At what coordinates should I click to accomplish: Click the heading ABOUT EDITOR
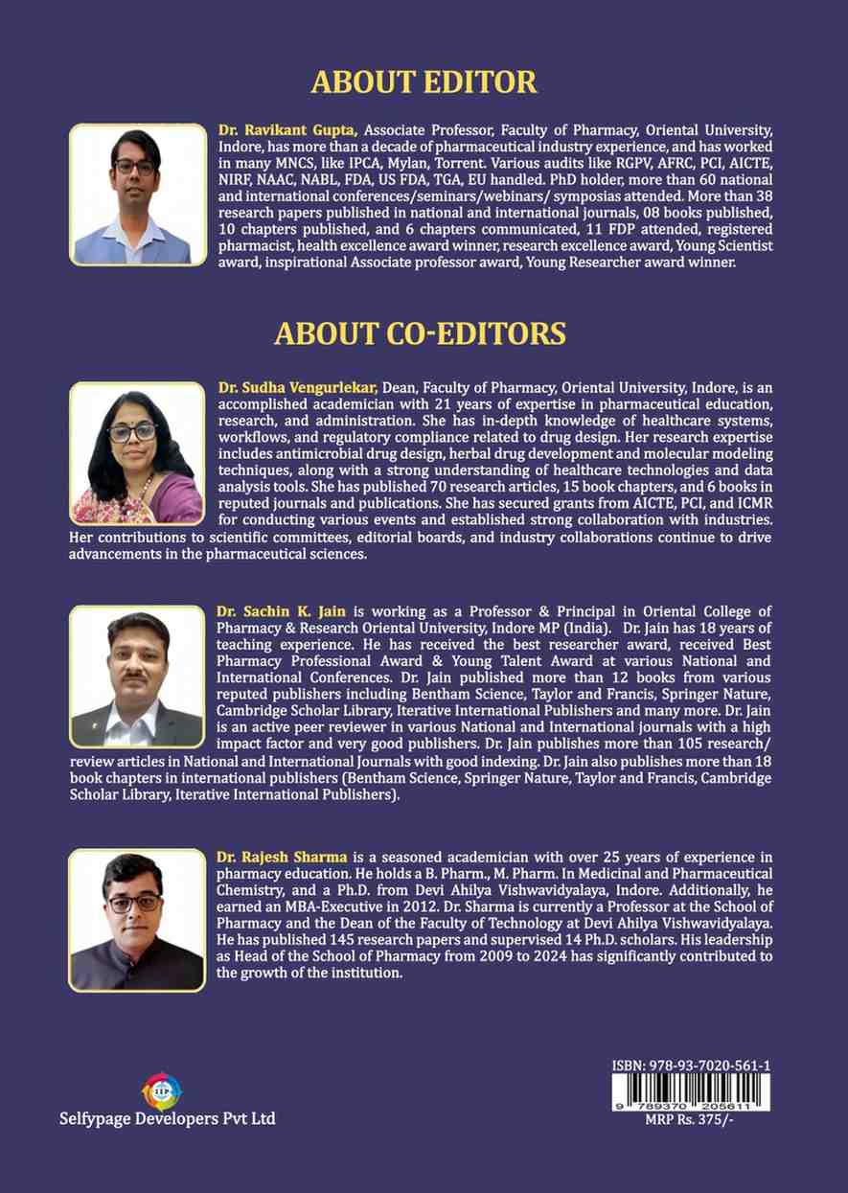point(424,82)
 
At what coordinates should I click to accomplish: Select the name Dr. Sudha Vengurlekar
point(298,387)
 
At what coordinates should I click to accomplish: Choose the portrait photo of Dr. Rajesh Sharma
point(137,921)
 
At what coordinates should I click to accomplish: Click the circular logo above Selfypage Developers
point(161,1090)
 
